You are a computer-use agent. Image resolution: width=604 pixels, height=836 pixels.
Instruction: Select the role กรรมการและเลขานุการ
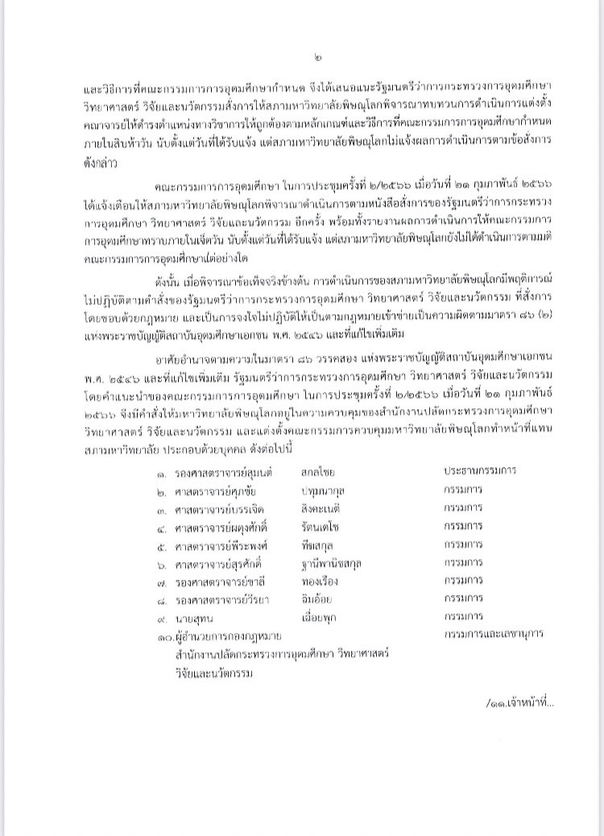(x=492, y=634)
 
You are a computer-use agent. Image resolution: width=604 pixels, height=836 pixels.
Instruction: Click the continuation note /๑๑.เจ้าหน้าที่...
(x=521, y=701)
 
